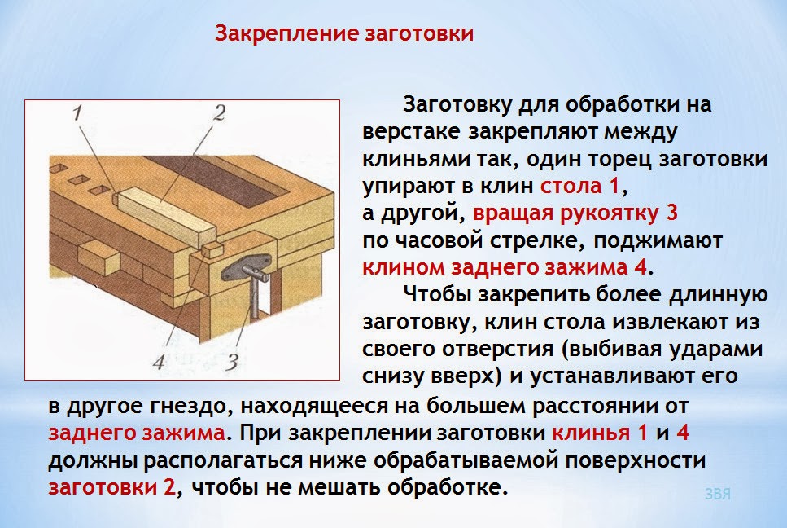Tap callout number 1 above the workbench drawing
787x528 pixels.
[x=78, y=115]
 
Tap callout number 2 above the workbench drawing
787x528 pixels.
[x=218, y=114]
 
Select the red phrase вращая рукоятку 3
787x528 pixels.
[x=575, y=213]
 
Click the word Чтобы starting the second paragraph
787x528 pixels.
[x=439, y=294]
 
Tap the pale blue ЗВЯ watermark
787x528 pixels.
[x=717, y=495]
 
